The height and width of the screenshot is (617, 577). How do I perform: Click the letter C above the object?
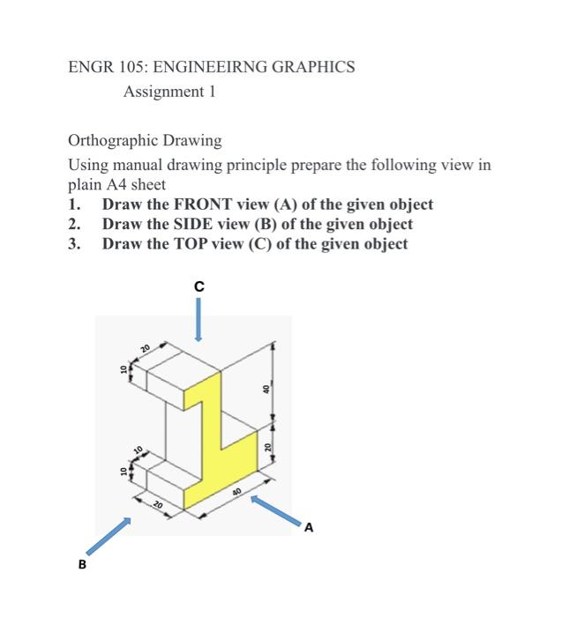click(199, 286)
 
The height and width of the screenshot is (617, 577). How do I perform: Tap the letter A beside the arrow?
click(308, 528)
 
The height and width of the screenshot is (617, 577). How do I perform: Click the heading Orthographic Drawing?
click(145, 140)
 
